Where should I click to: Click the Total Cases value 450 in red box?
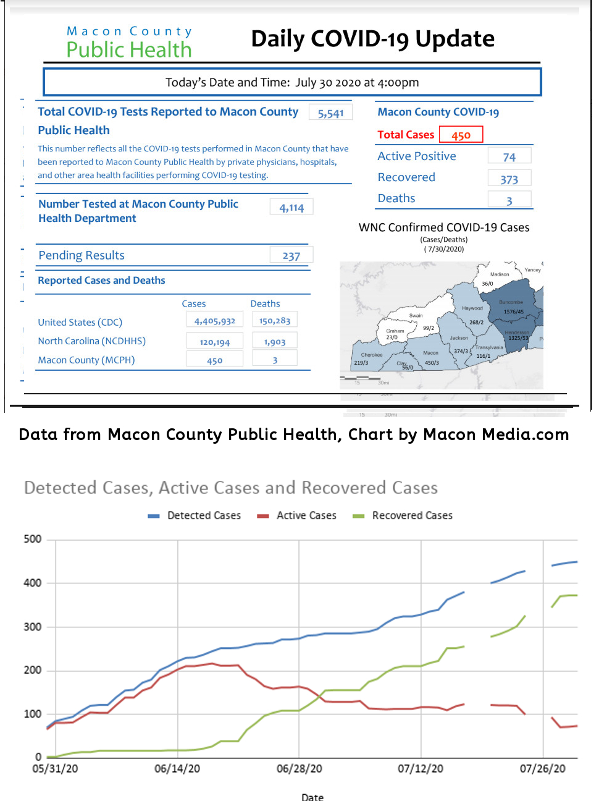[461, 135]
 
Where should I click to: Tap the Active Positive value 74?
[509, 157]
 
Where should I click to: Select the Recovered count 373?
[509, 179]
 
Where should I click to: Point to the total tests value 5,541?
[330, 113]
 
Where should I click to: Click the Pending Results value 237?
[291, 256]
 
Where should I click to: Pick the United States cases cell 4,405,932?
[215, 321]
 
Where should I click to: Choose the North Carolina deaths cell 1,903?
[275, 342]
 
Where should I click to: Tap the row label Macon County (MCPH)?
[86, 360]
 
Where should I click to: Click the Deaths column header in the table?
[265, 303]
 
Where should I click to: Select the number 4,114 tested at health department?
[291, 208]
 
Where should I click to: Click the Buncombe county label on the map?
[511, 302]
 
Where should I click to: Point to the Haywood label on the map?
[472, 308]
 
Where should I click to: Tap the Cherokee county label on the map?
[372, 355]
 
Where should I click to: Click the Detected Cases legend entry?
[204, 515]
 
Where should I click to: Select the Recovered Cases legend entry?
[412, 515]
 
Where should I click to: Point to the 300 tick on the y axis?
[33, 627]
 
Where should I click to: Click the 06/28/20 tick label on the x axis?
[299, 768]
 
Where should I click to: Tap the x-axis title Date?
[312, 797]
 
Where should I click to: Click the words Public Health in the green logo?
[129, 49]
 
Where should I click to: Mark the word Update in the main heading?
[454, 38]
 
